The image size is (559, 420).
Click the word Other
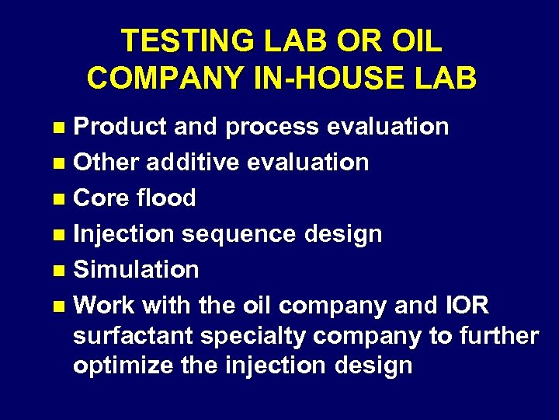pos(106,163)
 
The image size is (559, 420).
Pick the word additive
pos(198,163)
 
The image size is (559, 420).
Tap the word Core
pos(99,198)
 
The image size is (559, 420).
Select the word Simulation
pos(136,269)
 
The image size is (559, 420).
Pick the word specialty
pos(255,336)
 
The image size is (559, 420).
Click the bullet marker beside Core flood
pos(62,199)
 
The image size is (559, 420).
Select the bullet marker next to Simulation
pos(62,271)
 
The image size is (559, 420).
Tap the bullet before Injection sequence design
pos(62,235)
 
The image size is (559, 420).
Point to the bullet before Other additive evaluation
pos(62,163)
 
